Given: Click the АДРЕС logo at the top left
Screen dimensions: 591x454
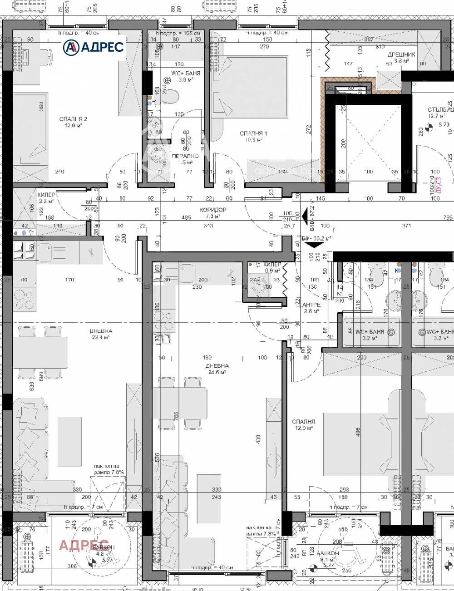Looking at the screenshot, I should [x=93, y=46].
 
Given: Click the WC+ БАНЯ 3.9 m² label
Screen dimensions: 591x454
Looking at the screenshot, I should [x=185, y=76].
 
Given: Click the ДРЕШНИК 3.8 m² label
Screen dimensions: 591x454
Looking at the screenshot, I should [x=401, y=57].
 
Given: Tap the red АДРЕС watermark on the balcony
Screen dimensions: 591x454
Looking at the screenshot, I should [x=84, y=545].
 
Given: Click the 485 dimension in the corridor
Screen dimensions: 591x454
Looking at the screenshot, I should [x=186, y=218].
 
